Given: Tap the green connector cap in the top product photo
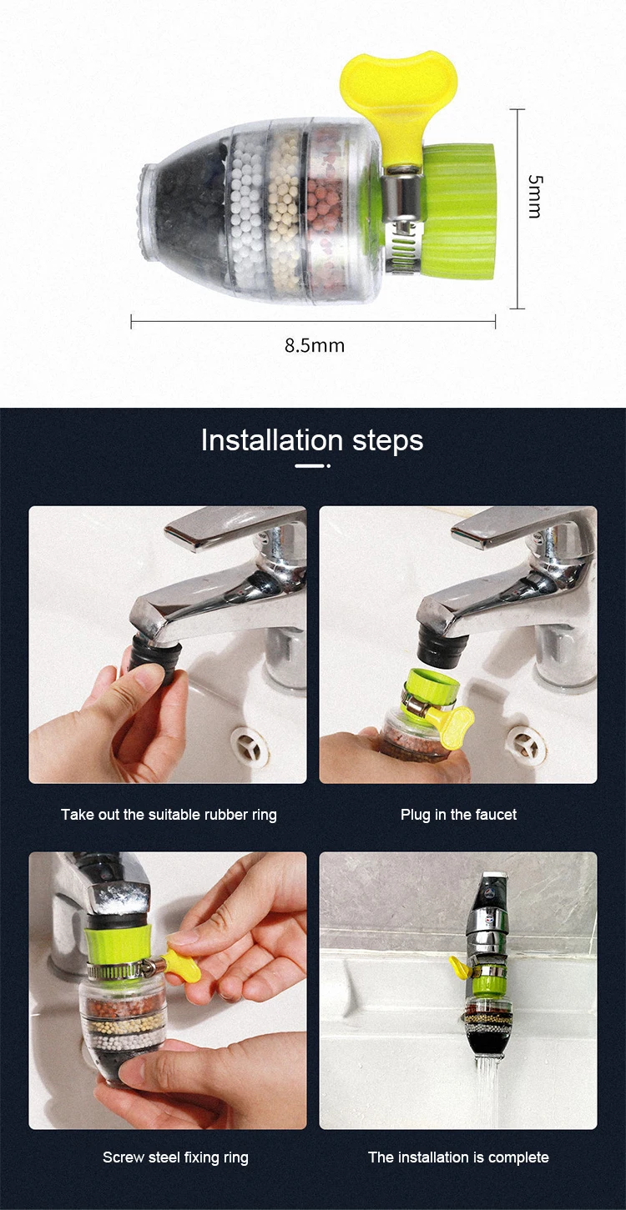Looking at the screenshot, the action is point(458,210).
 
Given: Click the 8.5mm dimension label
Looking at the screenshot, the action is point(315,345).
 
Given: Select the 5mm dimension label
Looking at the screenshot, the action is point(534,197).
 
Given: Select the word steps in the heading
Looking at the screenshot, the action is point(387,441).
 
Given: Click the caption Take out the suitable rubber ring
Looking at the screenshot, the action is point(169,815).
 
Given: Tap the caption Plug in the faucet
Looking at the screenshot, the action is point(458,815).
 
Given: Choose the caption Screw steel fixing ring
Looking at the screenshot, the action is point(175,1157).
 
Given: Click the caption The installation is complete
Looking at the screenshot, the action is point(458,1157).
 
